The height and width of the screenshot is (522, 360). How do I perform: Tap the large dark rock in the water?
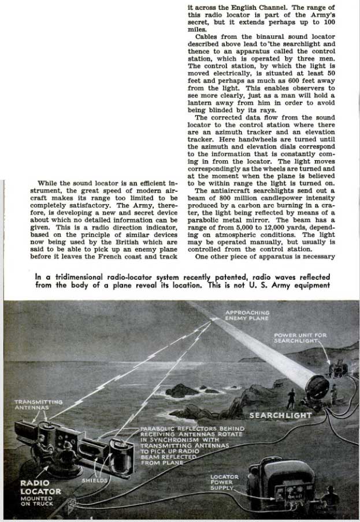181,390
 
